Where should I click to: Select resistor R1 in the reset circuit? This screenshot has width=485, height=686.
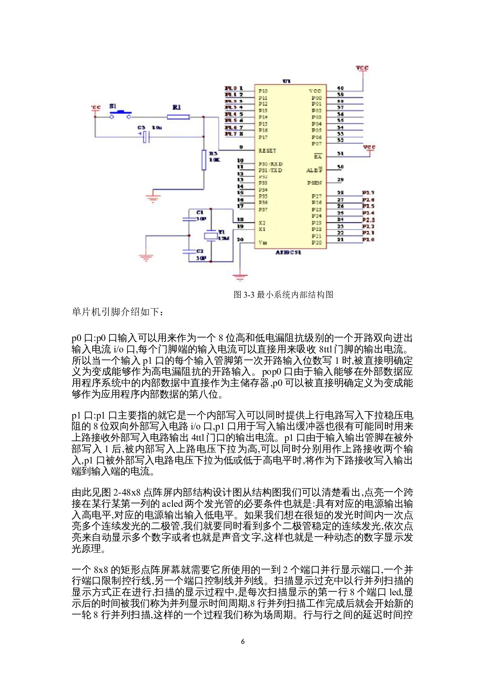click(178, 117)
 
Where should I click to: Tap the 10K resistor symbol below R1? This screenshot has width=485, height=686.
click(204, 160)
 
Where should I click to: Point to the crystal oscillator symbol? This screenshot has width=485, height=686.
click(211, 236)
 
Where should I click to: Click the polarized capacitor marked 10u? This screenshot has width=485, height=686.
click(145, 137)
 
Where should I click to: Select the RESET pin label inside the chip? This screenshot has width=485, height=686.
click(267, 151)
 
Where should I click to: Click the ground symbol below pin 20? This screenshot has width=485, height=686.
click(240, 277)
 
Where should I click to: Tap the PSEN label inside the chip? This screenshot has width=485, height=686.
click(314, 183)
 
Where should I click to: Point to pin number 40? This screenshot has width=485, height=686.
click(340, 88)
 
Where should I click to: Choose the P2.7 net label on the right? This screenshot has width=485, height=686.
click(368, 193)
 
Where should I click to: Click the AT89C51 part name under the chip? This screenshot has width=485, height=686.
click(288, 253)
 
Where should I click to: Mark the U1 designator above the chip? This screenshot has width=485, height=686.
click(287, 81)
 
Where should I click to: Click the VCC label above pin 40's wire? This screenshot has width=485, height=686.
click(362, 68)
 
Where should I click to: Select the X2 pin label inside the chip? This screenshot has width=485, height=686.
click(262, 223)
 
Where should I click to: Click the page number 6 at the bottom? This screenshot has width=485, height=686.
click(243, 641)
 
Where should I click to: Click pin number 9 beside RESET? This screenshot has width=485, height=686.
click(241, 147)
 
